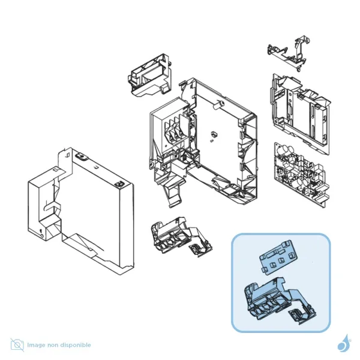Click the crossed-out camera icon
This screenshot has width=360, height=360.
[x=17, y=344]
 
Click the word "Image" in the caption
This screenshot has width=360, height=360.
[x=36, y=345]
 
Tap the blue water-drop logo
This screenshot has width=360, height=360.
[x=344, y=343]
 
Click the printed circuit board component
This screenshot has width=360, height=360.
[x=302, y=175]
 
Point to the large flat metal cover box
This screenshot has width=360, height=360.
[x=81, y=211]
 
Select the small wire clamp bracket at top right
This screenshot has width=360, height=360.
[x=289, y=53]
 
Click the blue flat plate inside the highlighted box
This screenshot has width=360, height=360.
[x=278, y=257]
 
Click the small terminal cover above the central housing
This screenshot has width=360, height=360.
[x=149, y=76]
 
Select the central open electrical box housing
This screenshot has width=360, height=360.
[x=203, y=142]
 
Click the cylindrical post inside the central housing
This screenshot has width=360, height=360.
[x=218, y=104]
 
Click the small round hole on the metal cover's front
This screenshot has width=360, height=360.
[x=41, y=236]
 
